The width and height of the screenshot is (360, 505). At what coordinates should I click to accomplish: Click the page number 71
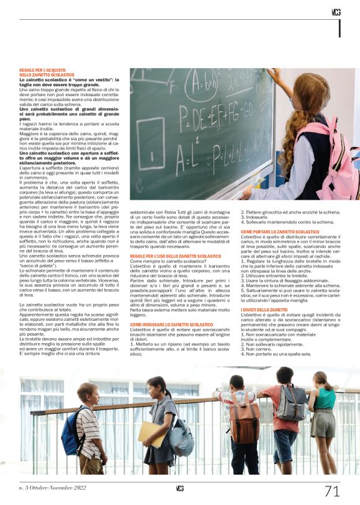(333, 491)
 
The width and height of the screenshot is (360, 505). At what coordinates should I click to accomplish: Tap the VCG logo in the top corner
(336, 12)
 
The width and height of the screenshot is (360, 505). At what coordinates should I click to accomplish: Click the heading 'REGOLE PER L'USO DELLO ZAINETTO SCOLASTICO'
(176, 256)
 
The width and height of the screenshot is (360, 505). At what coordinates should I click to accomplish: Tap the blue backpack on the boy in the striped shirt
(73, 431)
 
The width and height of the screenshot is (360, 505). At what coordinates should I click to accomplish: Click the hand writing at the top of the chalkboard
(272, 74)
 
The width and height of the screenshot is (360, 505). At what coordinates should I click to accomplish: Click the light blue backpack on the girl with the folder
(181, 437)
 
